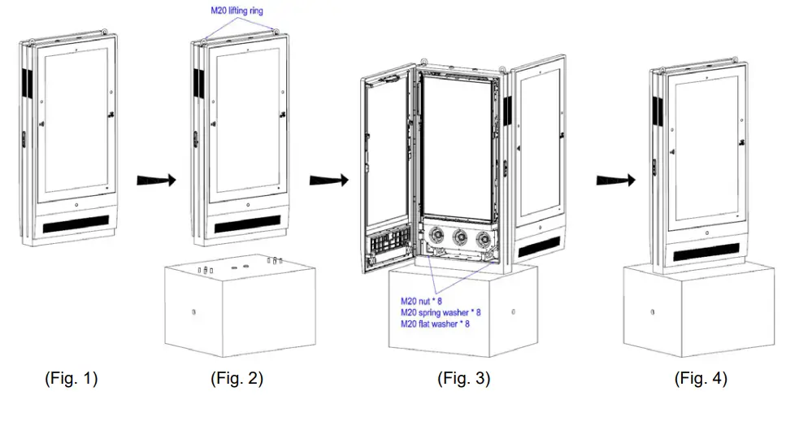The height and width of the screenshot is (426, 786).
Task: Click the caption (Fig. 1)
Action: click(x=71, y=378)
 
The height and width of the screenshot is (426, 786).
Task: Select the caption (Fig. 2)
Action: click(x=237, y=378)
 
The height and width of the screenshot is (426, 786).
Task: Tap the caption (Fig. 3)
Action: click(x=463, y=378)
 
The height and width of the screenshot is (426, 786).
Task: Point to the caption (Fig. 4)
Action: click(x=701, y=378)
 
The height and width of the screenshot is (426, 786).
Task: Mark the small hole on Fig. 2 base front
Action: click(x=193, y=311)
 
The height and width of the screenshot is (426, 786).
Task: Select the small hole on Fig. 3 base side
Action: click(x=512, y=311)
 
